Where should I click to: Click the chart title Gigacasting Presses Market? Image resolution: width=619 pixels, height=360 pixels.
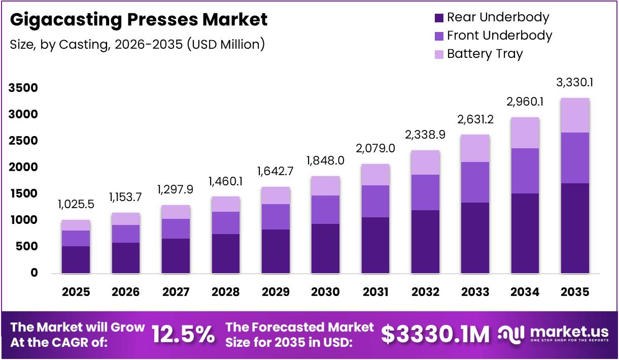(139, 20)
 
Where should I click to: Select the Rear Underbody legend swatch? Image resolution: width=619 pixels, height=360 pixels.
(439, 18)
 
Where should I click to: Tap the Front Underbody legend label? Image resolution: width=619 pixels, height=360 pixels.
(499, 36)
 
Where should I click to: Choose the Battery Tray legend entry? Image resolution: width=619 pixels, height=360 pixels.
(485, 54)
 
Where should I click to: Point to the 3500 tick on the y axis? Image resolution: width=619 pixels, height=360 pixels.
(23, 88)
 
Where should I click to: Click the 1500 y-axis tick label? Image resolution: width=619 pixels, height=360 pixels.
(23, 194)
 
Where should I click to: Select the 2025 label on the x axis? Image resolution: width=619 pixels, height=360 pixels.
(76, 292)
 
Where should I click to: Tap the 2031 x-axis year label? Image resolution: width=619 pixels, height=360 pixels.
(375, 292)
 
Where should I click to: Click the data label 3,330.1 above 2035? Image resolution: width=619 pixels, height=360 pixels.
(575, 82)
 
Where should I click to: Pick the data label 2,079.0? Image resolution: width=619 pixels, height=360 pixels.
(375, 149)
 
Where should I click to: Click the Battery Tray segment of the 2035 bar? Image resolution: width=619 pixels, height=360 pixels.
(575, 115)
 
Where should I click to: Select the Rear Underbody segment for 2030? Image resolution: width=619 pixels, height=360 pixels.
(325, 248)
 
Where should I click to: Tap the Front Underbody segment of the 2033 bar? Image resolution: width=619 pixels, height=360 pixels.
(475, 182)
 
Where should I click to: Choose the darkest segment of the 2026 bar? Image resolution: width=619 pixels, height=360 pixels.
(126, 258)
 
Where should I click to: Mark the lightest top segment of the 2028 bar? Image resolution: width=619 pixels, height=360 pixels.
(226, 204)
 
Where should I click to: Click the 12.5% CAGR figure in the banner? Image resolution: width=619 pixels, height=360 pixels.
(183, 335)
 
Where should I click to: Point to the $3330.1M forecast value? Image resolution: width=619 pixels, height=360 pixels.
(435, 335)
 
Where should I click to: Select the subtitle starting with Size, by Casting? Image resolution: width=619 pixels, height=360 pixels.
(137, 44)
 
